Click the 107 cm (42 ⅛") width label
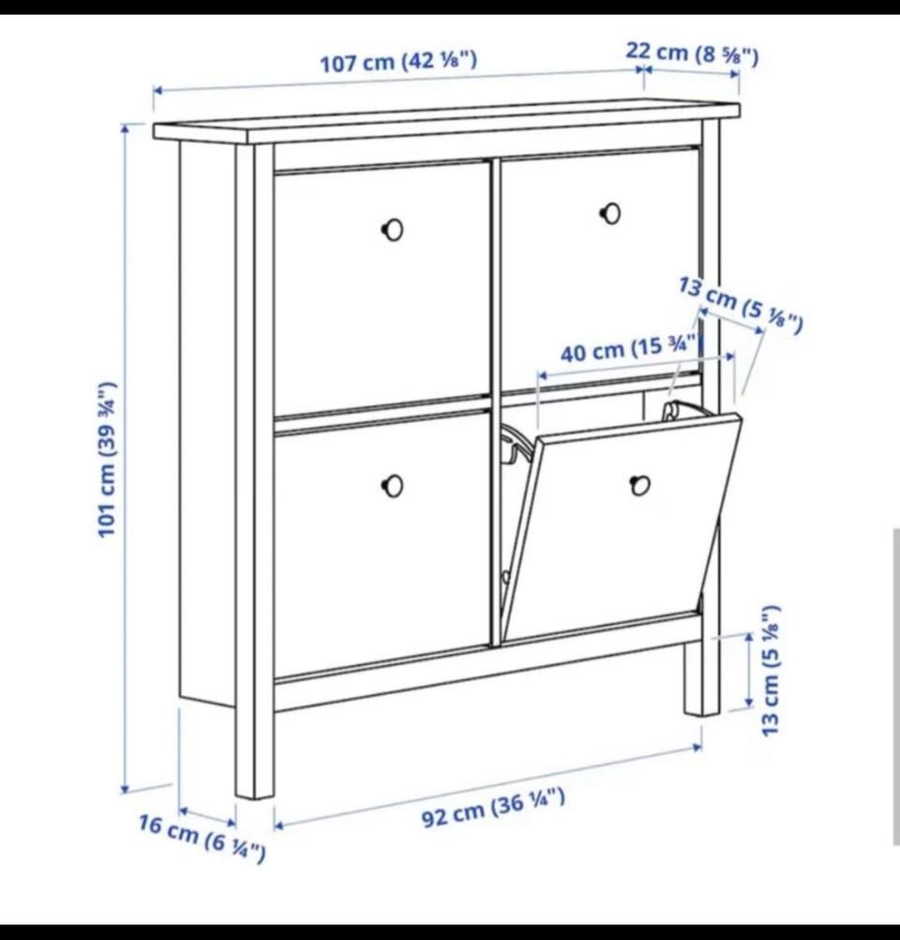pyautogui.click(x=398, y=62)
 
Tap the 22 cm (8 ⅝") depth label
pyautogui.click(x=693, y=54)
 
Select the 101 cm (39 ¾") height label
pyautogui.click(x=107, y=459)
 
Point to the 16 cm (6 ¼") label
pyautogui.click(x=202, y=838)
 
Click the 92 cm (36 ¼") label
pyautogui.click(x=493, y=808)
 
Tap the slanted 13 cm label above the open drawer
pyautogui.click(x=741, y=305)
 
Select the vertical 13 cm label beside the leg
pyautogui.click(x=772, y=670)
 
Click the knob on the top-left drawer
pyautogui.click(x=393, y=230)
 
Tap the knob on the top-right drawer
pyautogui.click(x=610, y=213)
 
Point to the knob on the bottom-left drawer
pyautogui.click(x=393, y=486)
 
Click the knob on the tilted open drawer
pyautogui.click(x=640, y=486)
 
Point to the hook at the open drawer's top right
pyautogui.click(x=672, y=411)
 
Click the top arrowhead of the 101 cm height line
pyautogui.click(x=126, y=128)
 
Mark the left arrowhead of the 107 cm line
pyautogui.click(x=157, y=90)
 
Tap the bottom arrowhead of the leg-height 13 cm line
pyautogui.click(x=748, y=702)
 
